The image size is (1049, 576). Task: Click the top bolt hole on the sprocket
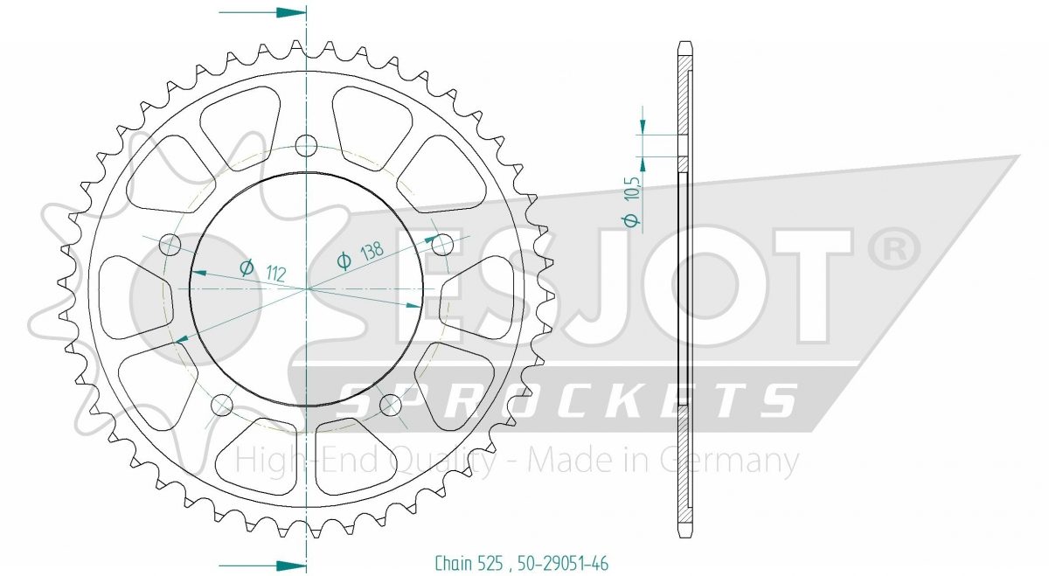tap(306, 145)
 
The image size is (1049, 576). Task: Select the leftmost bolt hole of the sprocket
tap(170, 245)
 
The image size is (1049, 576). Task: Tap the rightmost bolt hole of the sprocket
tap(442, 244)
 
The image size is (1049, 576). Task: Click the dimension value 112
tap(275, 273)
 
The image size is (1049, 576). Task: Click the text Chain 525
tap(469, 563)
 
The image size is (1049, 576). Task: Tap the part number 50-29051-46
tap(562, 563)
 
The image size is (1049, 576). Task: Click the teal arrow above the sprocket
tap(262, 12)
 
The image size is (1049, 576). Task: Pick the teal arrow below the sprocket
tap(262, 566)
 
